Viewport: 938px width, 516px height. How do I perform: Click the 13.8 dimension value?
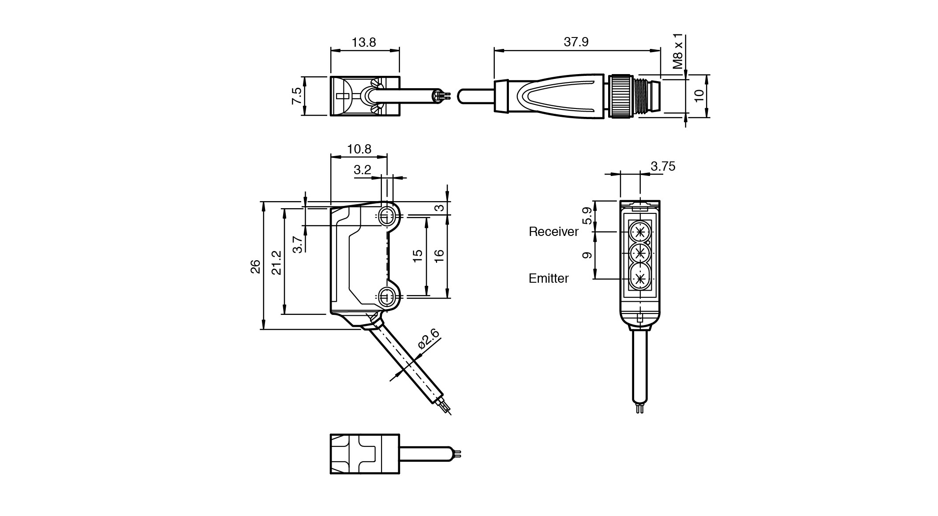tap(364, 42)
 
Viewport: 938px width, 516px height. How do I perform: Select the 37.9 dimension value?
tap(576, 42)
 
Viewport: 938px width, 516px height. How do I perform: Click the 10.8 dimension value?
tap(359, 149)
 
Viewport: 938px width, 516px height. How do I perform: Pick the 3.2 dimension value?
tap(362, 170)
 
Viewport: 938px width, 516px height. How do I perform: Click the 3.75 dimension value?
tap(663, 166)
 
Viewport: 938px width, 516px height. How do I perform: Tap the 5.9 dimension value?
tap(587, 216)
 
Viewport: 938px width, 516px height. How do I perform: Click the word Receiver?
tap(553, 232)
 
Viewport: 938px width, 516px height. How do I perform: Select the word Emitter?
tap(549, 278)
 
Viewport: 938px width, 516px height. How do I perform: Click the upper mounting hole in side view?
tap(387, 216)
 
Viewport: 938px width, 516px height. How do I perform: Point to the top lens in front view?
tap(639, 231)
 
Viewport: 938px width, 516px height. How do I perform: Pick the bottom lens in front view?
tap(639, 278)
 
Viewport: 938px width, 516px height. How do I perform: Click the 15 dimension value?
tap(418, 255)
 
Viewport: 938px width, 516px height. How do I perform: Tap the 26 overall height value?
tap(255, 266)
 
